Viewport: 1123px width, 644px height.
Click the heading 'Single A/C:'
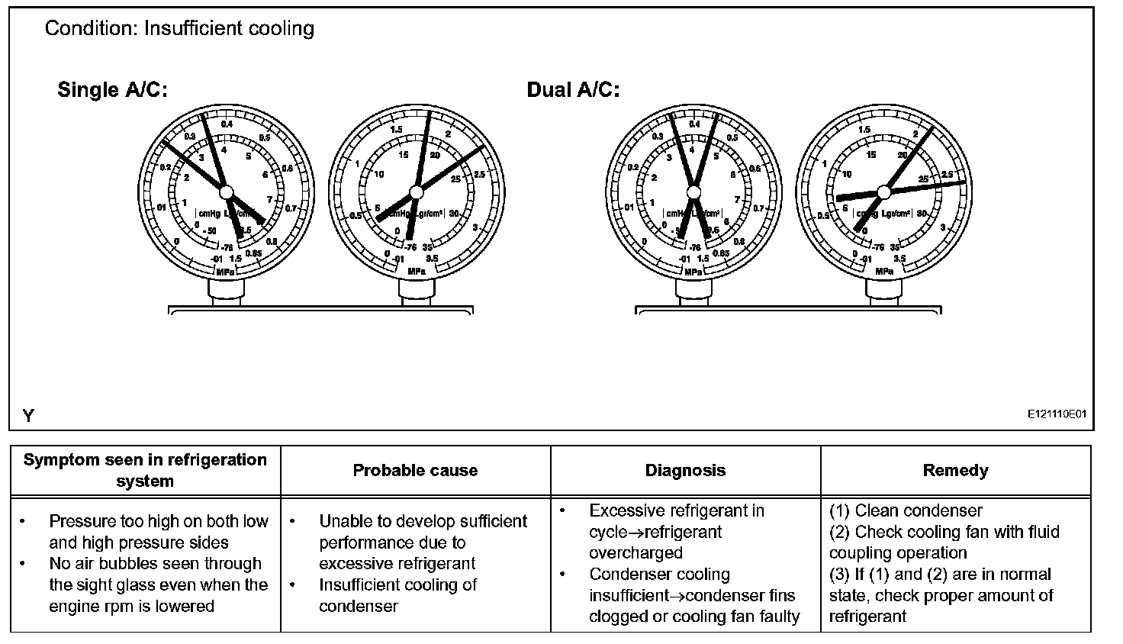pos(112,90)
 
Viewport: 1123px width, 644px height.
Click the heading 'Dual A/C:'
pos(573,90)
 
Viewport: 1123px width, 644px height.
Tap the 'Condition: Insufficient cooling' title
pos(179,29)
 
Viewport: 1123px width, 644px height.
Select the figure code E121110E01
pos(1056,414)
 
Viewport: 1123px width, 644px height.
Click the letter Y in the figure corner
pos(28,416)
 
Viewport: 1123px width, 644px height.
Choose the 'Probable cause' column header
pos(415,471)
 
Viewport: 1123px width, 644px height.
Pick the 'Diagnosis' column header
pos(685,471)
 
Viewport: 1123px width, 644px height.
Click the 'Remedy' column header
pos(955,471)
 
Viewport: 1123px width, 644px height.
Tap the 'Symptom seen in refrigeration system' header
pos(145,471)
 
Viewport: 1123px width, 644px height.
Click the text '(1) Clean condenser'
pos(906,510)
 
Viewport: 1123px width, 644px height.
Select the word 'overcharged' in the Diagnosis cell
pos(636,553)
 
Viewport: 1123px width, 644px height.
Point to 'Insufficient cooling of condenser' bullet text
pos(397,595)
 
